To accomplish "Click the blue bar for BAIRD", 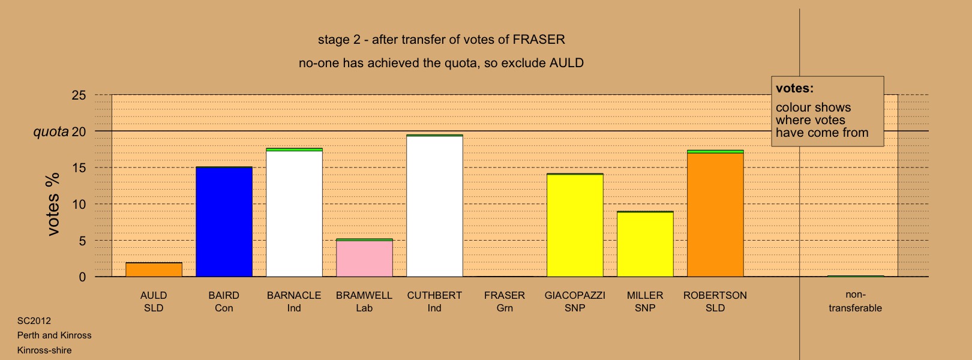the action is tap(224, 221).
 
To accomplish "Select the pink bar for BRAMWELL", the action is tap(365, 258).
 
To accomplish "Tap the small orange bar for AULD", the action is tap(154, 270).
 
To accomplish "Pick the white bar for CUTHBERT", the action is tap(435, 206).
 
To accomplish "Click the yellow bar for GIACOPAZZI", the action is tap(575, 225).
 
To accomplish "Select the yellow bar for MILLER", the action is tap(645, 244).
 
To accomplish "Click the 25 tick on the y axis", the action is tap(79, 95).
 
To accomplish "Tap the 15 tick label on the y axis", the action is tap(79, 168).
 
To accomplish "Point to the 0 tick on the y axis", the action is tap(82, 277).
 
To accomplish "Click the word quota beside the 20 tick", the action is tap(51, 132).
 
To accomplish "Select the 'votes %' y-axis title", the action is tap(53, 204).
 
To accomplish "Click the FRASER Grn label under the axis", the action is tap(505, 301).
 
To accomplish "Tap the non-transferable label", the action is tap(855, 301).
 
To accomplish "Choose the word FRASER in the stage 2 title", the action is tap(539, 40).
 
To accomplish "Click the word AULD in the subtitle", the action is tap(566, 63).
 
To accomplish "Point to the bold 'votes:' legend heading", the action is tap(794, 88).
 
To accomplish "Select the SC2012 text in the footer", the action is tap(34, 321).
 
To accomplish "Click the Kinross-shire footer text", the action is tap(44, 350).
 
